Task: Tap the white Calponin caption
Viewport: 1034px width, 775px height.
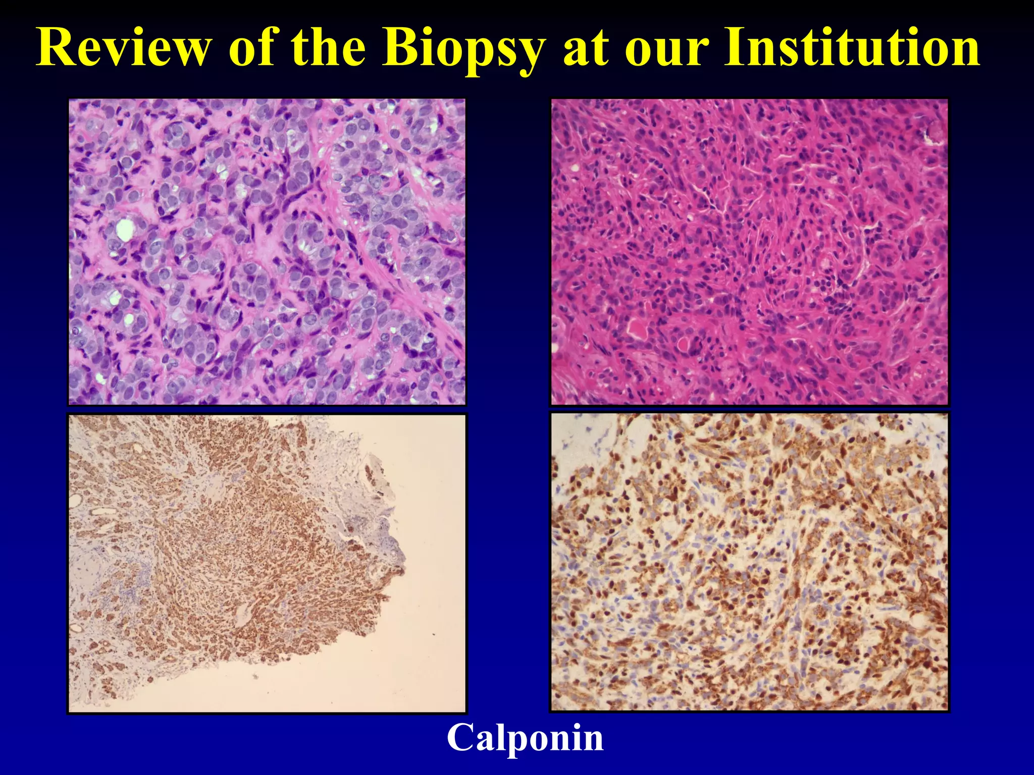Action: [x=525, y=738]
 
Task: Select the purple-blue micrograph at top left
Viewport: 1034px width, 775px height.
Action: [x=267, y=251]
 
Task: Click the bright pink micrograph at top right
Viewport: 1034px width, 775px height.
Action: [x=749, y=251]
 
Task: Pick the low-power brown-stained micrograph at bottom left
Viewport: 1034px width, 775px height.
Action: [x=267, y=563]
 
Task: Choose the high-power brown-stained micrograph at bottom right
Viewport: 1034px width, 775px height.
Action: [x=749, y=562]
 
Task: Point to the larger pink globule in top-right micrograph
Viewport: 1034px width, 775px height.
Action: [x=637, y=329]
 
